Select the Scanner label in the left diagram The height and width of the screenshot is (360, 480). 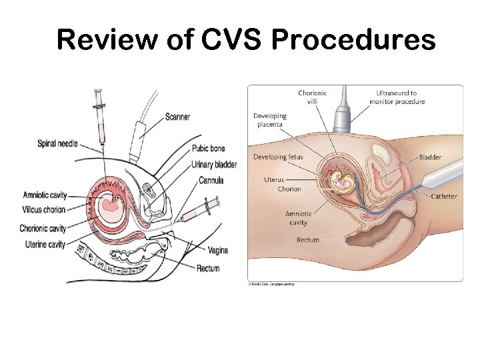tap(177, 117)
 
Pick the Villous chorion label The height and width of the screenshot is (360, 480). tap(44, 210)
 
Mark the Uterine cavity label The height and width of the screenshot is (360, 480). tap(43, 244)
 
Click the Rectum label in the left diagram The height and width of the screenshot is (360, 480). tap(208, 269)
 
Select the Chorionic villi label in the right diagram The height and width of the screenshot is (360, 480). tap(312, 97)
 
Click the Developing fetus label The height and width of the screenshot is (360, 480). tap(278, 157)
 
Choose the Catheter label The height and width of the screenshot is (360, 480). tap(444, 197)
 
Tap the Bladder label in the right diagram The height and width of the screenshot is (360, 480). tap(430, 157)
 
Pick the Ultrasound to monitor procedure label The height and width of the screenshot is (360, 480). tap(397, 97)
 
